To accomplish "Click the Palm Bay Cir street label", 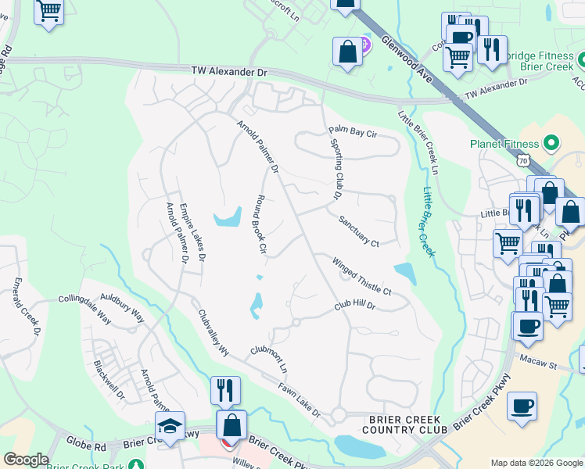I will pyautogui.click(x=353, y=132).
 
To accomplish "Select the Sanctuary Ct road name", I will pyautogui.click(x=359, y=231).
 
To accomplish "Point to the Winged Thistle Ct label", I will pyautogui.click(x=361, y=276).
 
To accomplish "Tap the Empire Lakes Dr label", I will pyautogui.click(x=192, y=231).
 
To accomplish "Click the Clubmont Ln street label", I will pyautogui.click(x=269, y=359).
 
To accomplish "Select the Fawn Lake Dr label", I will pyautogui.click(x=300, y=399).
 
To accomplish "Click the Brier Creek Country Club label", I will pyautogui.click(x=407, y=424).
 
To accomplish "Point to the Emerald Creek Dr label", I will pyautogui.click(x=26, y=306).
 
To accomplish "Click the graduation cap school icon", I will pyautogui.click(x=169, y=426).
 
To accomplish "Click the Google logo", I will pyautogui.click(x=26, y=460).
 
